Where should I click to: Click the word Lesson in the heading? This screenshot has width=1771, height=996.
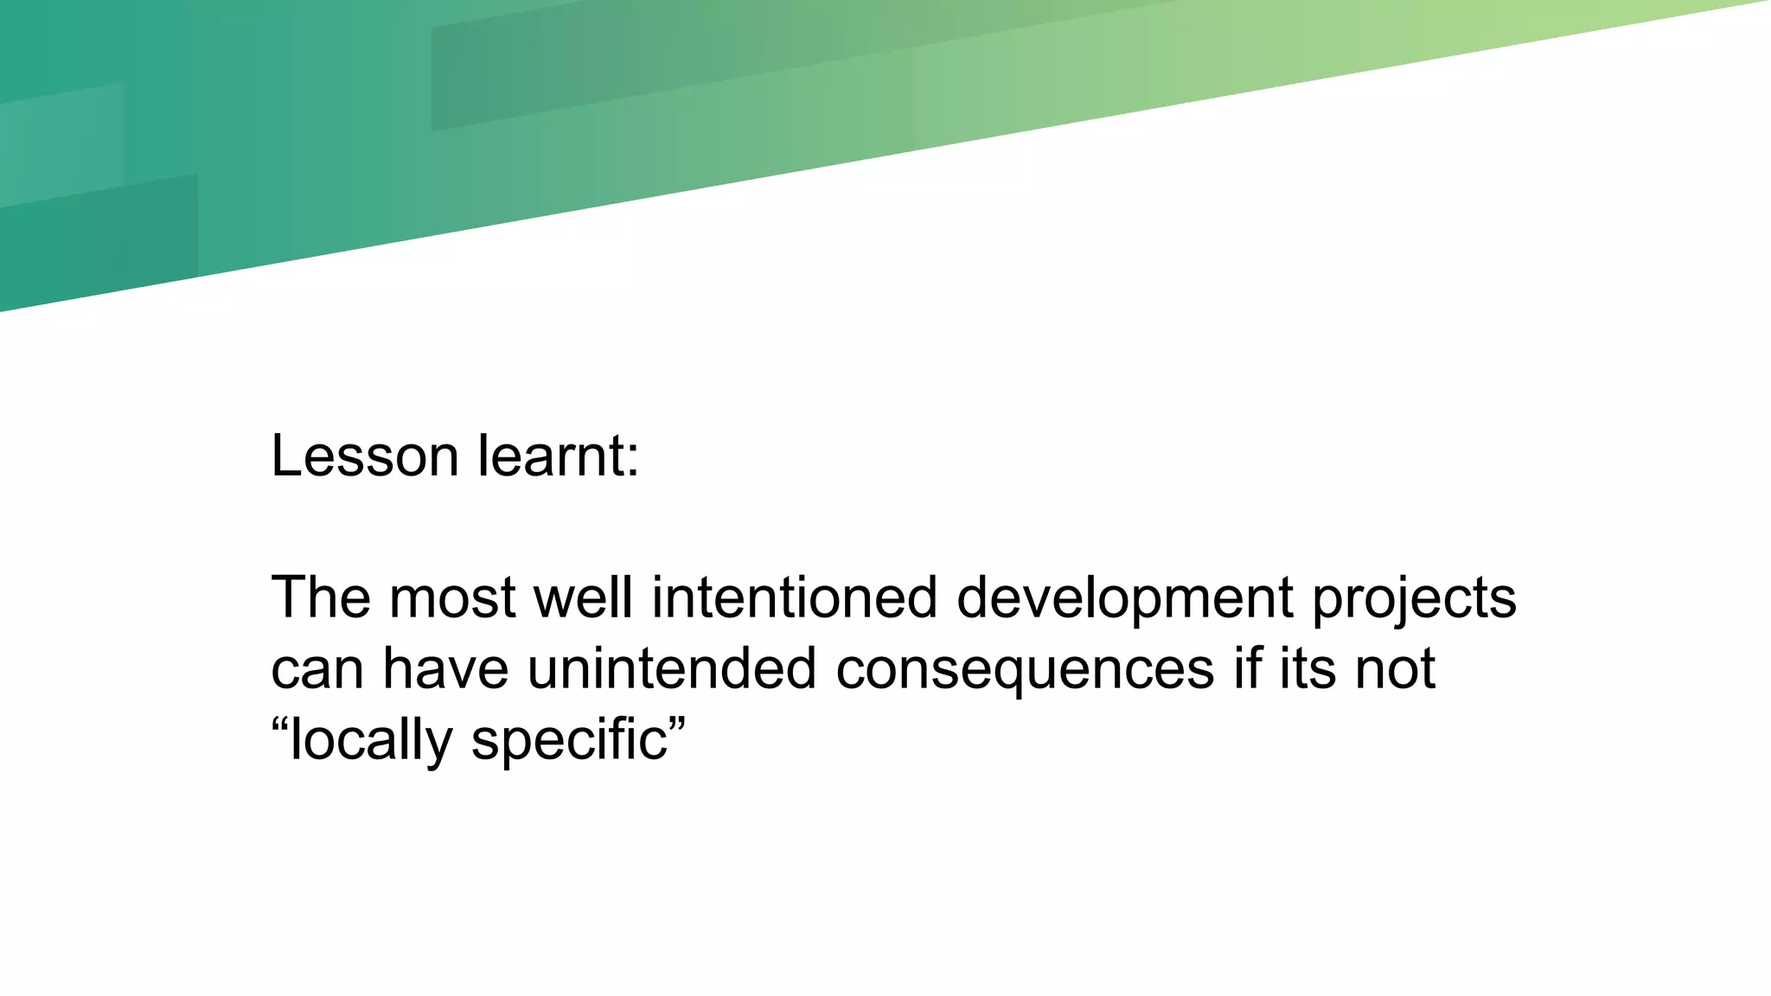point(364,456)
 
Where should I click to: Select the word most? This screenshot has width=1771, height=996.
point(452,597)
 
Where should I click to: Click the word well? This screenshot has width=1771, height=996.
point(583,597)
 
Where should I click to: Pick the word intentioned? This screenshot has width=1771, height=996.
point(794,597)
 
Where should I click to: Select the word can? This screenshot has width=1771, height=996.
point(316,670)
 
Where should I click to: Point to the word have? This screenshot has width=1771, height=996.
point(445,668)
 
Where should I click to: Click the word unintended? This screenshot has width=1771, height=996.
point(671,668)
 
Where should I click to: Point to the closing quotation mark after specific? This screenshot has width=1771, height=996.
point(677,721)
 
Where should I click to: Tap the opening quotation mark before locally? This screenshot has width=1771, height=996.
point(279,721)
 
